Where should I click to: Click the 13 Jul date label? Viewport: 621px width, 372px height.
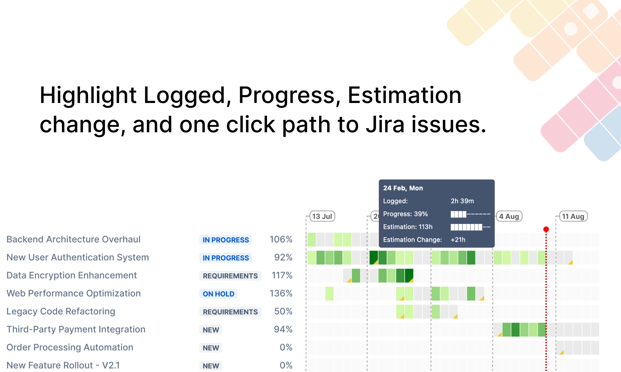click(x=322, y=216)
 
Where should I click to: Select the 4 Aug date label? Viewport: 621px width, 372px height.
click(x=509, y=216)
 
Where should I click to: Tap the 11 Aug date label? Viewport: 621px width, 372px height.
click(x=573, y=216)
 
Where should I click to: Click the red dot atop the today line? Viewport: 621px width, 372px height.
click(x=546, y=229)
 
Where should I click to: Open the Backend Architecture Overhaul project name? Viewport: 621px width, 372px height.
click(x=73, y=239)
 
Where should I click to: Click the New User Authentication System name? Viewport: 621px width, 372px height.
click(x=78, y=257)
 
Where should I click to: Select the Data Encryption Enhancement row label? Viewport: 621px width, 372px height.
click(x=72, y=276)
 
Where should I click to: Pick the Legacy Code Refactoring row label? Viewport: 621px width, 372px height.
click(x=61, y=311)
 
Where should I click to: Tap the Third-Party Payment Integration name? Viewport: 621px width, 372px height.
click(x=76, y=329)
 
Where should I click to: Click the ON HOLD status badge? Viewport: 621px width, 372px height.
click(x=218, y=294)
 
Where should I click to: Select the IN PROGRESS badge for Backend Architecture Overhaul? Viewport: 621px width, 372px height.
click(x=226, y=240)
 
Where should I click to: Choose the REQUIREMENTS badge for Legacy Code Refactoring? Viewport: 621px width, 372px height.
click(x=230, y=312)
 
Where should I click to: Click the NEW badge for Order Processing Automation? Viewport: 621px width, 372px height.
click(x=211, y=348)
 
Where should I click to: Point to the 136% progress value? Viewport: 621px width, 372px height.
click(x=281, y=293)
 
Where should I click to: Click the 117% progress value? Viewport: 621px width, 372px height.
click(x=282, y=276)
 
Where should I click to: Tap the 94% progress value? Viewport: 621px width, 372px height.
click(x=283, y=329)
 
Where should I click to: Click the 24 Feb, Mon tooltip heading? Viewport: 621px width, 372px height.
click(x=403, y=188)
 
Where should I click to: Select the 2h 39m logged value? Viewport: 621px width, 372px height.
click(x=462, y=201)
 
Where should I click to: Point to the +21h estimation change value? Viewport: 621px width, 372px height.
click(x=458, y=240)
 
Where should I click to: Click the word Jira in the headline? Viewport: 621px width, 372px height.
click(x=385, y=124)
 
